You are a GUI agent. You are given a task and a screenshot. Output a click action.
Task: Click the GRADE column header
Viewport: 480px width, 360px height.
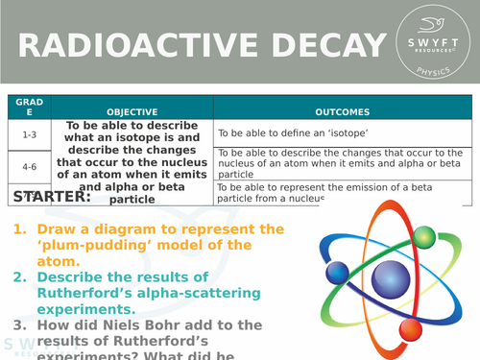point(29,108)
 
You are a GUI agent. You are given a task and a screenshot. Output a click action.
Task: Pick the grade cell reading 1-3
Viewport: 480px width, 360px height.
point(29,134)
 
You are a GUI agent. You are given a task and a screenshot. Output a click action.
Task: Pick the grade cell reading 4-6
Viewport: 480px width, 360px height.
point(29,164)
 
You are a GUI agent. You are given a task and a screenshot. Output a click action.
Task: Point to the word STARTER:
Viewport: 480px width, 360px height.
point(52,197)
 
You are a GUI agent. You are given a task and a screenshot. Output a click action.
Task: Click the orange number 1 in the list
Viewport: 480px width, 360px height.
point(18,230)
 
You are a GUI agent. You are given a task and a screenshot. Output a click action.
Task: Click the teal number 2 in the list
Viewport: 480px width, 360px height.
point(18,277)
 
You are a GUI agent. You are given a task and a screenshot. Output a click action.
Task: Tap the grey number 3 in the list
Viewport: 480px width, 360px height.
point(18,324)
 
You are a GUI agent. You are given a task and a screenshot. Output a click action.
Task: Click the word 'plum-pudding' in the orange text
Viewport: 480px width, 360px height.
point(96,245)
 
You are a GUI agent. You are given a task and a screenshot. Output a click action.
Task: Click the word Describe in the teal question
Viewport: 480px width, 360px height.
point(73,277)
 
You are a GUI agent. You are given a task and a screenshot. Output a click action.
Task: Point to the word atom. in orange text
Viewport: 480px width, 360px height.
point(59,260)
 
